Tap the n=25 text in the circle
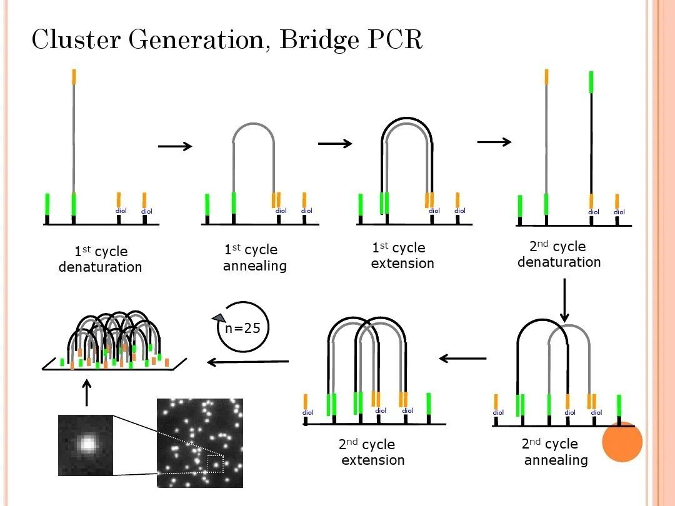point(243,328)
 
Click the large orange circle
point(622,442)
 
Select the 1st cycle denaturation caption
point(101,259)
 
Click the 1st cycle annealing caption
point(254,258)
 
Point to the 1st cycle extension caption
point(402,256)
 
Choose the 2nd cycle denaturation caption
point(559,254)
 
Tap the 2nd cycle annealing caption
point(555,452)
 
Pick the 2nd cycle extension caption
point(372,453)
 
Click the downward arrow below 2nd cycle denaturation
point(564,300)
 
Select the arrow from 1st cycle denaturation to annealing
point(175,146)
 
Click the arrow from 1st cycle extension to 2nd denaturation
point(494,142)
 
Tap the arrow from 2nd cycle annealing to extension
point(462,359)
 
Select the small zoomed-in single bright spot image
point(86,443)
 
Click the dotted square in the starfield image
point(215,464)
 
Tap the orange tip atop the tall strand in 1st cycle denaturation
point(74,76)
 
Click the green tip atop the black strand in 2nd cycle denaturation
point(591,82)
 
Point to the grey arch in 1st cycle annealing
point(253,127)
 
